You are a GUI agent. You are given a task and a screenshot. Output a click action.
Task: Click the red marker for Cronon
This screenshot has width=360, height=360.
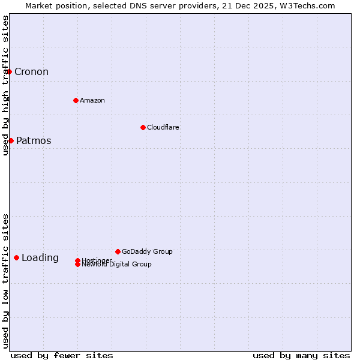pos(9,71)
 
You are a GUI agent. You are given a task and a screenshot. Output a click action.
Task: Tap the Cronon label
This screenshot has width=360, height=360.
pos(31,72)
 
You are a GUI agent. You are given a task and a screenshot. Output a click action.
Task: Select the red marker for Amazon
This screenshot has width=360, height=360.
pos(76,100)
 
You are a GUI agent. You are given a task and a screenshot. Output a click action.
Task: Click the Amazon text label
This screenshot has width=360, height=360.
pos(92,100)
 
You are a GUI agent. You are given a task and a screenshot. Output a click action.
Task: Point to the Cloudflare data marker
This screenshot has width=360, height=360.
pos(143,127)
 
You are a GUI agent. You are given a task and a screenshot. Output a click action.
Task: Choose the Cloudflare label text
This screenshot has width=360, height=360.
pos(163,127)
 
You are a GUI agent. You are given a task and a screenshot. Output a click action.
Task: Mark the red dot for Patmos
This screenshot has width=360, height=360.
pos(11,140)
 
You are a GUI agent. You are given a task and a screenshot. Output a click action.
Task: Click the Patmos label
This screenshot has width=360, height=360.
pos(34,141)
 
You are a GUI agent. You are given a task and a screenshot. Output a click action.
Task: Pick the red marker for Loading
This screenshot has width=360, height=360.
pos(16,257)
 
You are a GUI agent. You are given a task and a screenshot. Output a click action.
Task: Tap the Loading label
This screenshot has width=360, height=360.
pos(40,258)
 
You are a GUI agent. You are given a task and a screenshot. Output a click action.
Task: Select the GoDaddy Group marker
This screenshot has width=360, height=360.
pos(118,251)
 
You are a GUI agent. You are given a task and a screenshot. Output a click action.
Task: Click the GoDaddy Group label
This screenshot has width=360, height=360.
pos(147,251)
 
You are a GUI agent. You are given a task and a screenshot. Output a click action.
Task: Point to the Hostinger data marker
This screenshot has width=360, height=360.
pos(77,260)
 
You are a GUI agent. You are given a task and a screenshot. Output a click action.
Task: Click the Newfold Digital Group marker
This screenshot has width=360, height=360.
pos(78,264)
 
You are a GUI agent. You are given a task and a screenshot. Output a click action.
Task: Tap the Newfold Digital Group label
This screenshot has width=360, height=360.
pos(117,265)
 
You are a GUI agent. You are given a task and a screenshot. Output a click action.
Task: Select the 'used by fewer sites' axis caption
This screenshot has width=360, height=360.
pos(62,355)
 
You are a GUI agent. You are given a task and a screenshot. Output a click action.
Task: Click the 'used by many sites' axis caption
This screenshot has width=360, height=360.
pos(301,355)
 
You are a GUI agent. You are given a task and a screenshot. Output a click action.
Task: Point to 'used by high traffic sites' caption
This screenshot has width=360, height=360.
pos(5,85)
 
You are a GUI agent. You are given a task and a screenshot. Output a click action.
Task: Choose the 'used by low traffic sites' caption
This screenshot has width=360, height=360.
pos(5,280)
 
